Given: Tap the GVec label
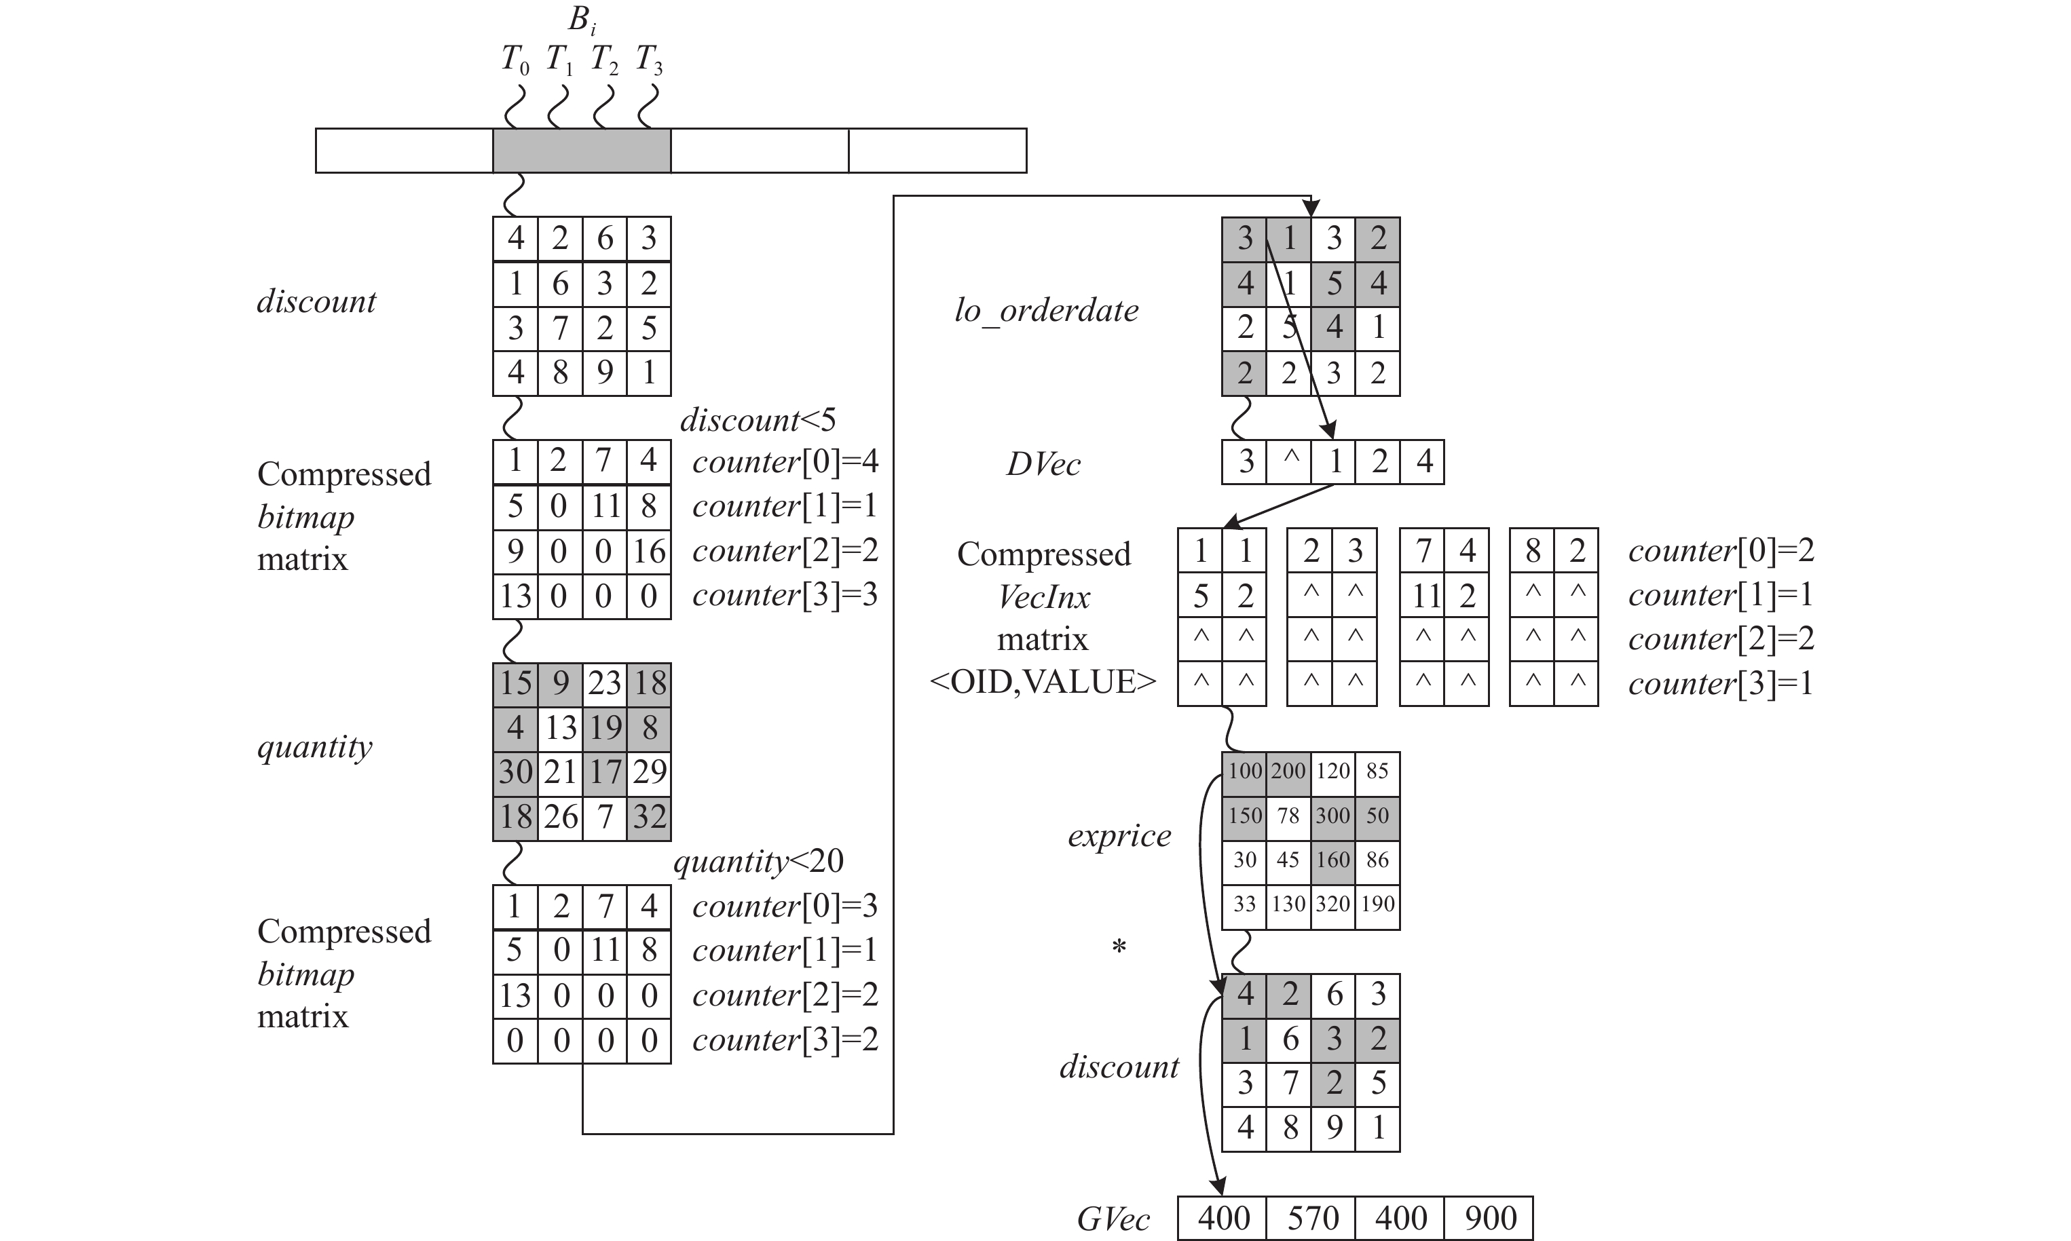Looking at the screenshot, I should tap(1113, 1219).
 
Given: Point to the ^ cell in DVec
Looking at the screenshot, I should tap(1289, 461).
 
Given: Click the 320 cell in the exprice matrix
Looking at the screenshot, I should tap(1333, 904).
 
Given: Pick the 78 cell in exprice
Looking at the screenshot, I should tap(1288, 816).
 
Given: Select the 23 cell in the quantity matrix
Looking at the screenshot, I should tap(604, 683).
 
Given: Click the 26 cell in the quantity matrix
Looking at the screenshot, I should tap(559, 816).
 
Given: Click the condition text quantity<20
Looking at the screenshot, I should tap(758, 860).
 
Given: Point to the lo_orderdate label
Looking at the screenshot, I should tap(1047, 311).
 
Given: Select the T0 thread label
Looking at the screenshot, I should tap(515, 60).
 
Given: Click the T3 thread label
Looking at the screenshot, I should tap(649, 60).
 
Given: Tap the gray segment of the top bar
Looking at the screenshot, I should tap(581, 151).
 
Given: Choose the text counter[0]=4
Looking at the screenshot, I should tap(785, 461).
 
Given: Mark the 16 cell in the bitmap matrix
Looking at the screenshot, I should tap(649, 551).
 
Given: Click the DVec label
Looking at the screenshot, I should tap(1043, 464).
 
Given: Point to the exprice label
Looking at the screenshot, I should tap(1119, 835).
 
